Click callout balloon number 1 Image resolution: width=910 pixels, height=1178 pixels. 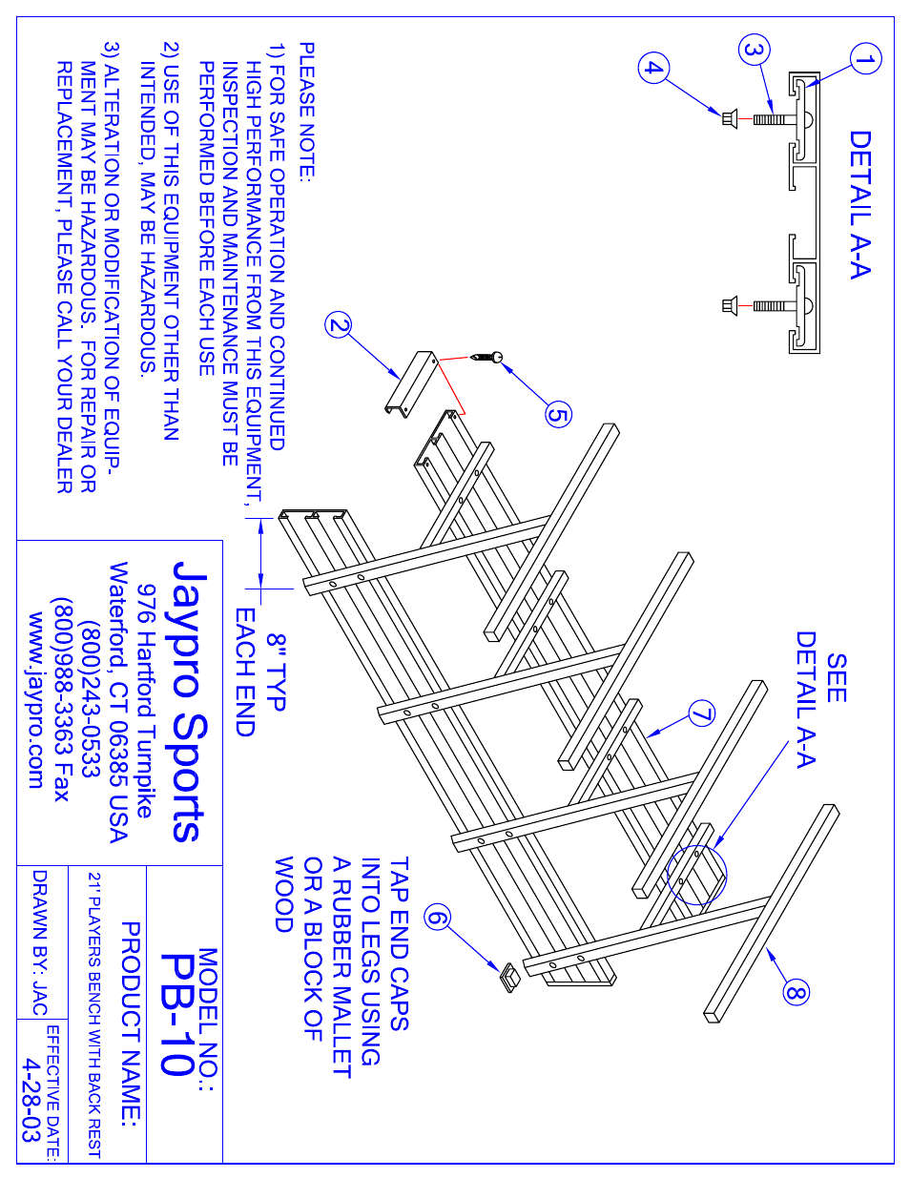(865, 59)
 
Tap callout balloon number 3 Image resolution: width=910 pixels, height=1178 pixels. (754, 50)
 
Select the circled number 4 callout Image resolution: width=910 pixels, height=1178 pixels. (653, 68)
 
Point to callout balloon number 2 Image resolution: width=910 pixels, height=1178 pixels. (339, 325)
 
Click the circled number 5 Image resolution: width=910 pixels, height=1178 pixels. (558, 414)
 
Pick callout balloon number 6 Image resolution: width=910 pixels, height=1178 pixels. (437, 918)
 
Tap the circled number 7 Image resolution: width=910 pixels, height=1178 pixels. (702, 713)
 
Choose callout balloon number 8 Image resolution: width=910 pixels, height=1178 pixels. (796, 992)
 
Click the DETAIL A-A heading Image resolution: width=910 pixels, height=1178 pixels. (860, 204)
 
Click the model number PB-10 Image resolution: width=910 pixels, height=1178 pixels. (177, 1015)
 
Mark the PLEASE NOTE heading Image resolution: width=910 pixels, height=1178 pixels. (306, 112)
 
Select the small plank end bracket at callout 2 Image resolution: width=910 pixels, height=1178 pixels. (411, 382)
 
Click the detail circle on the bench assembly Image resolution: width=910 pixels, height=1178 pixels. (697, 876)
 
